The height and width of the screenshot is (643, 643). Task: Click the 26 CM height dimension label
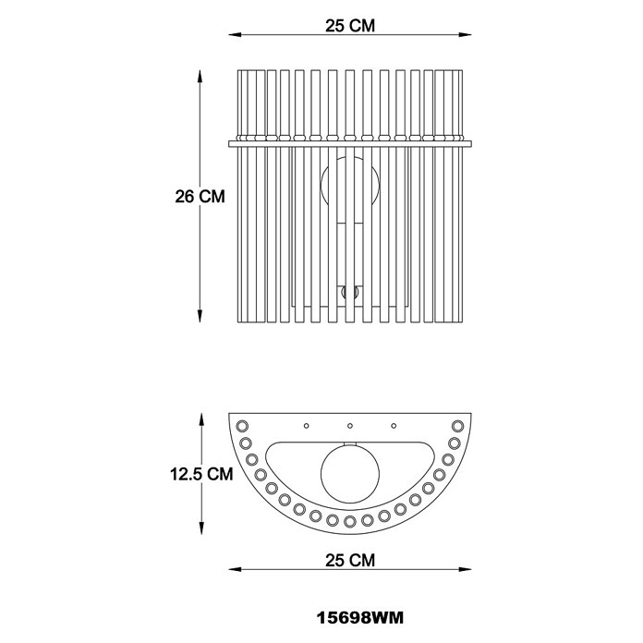(200, 197)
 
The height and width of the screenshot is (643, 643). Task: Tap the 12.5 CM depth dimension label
(201, 474)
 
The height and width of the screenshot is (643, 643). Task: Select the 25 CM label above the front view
(350, 26)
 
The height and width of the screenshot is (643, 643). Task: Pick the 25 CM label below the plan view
(350, 560)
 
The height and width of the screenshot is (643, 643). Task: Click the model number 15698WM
(360, 617)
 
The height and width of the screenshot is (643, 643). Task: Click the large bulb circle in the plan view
(350, 474)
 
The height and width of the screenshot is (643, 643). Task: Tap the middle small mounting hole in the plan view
(350, 426)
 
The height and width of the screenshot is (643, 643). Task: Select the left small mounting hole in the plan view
(307, 426)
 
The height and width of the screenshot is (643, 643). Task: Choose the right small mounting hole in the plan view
(394, 426)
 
